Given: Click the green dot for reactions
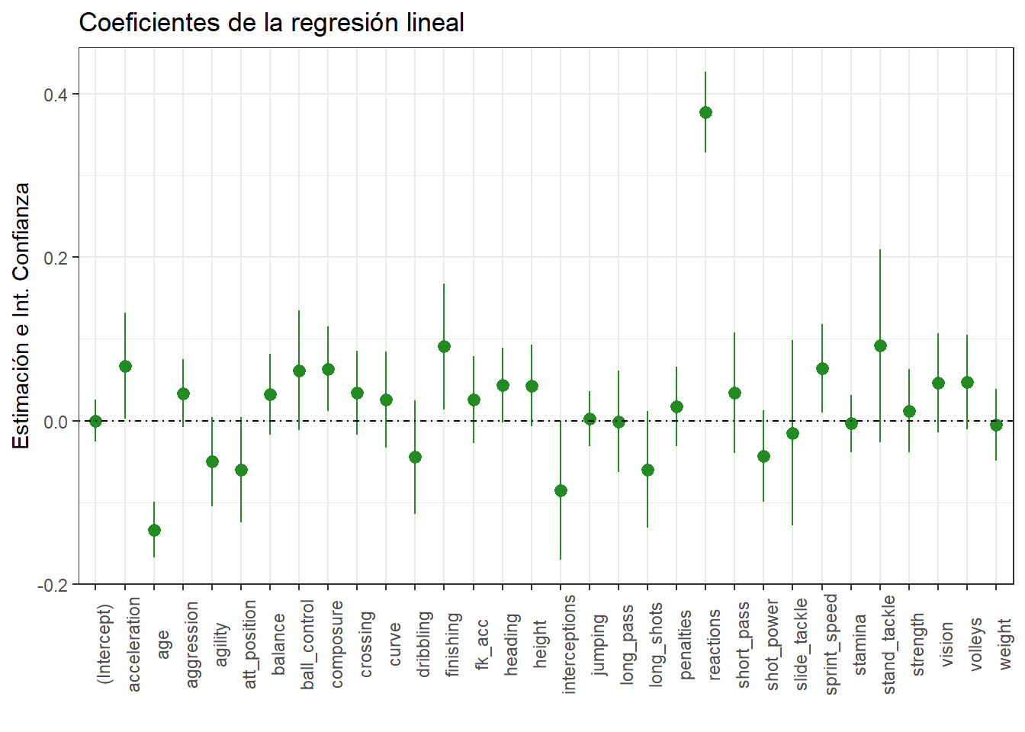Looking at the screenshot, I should click(705, 113).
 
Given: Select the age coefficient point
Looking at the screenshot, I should click(154, 530).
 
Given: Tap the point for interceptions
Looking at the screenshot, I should click(561, 490).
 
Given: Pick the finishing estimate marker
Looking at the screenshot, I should click(444, 347).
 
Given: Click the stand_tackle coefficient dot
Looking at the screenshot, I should click(880, 346).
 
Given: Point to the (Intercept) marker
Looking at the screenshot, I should click(95, 421).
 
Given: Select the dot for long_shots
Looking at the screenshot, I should click(647, 470).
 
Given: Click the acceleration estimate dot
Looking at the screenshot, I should click(125, 367).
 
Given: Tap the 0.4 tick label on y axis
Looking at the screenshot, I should click(56, 95).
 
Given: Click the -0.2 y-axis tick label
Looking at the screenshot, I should click(53, 585).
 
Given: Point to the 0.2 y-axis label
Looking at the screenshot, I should click(56, 258).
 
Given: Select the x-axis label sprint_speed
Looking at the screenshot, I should click(831, 644).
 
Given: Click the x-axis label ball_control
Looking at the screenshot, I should click(307, 644).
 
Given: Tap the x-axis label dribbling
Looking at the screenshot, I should click(424, 644).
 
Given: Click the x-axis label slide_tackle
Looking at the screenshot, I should click(801, 644).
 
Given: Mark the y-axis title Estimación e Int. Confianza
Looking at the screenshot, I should click(21, 316).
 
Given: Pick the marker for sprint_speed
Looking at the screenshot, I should click(822, 369).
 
